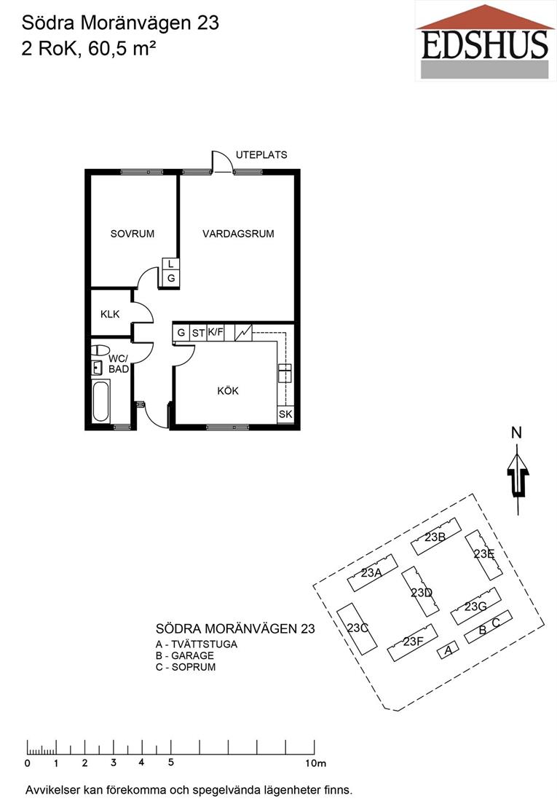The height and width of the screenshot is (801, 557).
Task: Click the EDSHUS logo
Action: tap(485, 42)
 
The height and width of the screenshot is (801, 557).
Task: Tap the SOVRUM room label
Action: tap(133, 234)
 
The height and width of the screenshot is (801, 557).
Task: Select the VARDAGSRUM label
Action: tap(238, 234)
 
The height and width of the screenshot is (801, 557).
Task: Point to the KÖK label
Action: tap(228, 391)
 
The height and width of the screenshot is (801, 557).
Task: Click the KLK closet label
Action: tap(110, 314)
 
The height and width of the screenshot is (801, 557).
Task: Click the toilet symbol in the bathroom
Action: tap(100, 350)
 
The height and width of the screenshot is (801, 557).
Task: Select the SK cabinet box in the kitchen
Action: tap(285, 414)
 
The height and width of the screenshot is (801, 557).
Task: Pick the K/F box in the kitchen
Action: tap(215, 333)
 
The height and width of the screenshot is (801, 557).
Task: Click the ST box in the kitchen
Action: tap(198, 333)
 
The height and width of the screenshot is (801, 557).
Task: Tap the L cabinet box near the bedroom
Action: tap(170, 264)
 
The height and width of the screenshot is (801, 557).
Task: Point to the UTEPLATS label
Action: tap(261, 155)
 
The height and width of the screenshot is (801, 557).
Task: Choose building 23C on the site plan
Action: tap(357, 628)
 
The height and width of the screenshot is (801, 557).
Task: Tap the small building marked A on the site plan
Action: tap(449, 650)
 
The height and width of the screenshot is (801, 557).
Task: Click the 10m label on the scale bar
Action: tap(315, 764)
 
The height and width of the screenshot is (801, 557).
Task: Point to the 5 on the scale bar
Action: tap(170, 762)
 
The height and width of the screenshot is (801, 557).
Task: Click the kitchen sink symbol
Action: tap(285, 373)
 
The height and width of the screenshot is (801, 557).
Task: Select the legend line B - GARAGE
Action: tap(184, 656)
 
